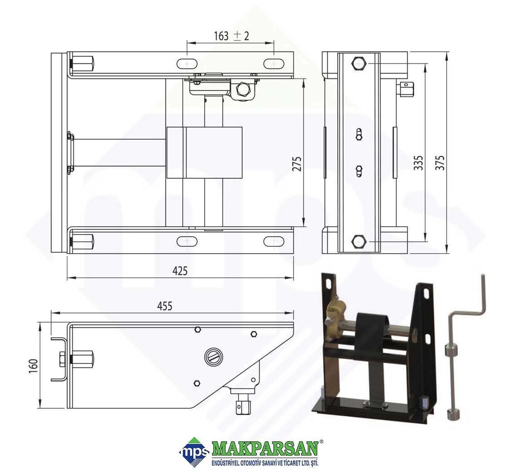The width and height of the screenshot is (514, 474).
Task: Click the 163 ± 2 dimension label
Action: coord(231,36)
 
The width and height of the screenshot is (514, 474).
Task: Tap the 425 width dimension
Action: coord(180,271)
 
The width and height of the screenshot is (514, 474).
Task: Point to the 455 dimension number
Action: coord(165,306)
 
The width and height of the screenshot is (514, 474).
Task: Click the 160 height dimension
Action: coord(33,366)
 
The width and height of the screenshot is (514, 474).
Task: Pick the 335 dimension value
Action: coord(418,163)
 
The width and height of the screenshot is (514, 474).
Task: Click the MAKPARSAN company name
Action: coord(266,448)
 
